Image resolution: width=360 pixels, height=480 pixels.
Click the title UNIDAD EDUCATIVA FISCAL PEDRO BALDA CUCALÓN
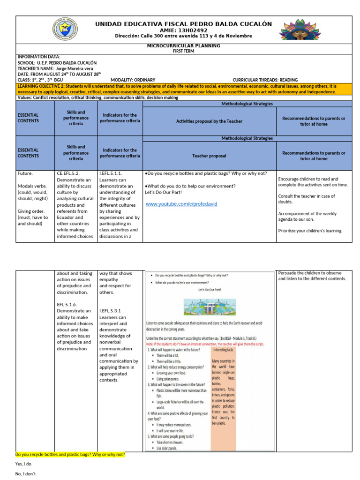(183, 24)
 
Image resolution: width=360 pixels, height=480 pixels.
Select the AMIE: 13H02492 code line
(183, 30)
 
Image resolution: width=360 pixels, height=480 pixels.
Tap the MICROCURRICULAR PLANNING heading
(183, 46)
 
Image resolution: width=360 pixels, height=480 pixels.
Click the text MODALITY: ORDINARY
(133, 80)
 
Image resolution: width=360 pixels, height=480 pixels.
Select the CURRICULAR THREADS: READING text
(265, 80)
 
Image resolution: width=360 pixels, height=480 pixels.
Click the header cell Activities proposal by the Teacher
(209, 121)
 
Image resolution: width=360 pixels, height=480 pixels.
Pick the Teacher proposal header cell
(209, 156)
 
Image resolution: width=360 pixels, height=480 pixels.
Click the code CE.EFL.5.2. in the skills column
(72, 173)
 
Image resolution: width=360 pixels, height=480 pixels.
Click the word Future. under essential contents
(25, 173)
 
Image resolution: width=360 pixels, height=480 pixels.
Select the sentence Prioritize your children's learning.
(310, 231)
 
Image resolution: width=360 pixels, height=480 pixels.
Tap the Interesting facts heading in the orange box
(223, 350)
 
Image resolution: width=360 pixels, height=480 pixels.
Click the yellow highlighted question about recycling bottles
(70, 455)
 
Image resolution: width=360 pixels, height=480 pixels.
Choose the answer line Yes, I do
(23, 464)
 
